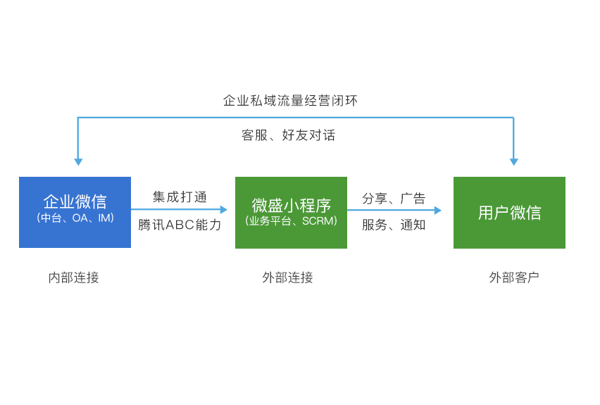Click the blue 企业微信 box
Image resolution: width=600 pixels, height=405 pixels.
pyautogui.click(x=75, y=212)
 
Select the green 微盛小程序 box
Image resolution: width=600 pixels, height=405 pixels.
pyautogui.click(x=292, y=213)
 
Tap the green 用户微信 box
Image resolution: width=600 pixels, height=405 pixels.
pyautogui.click(x=509, y=213)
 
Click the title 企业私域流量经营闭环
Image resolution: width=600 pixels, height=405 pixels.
pyautogui.click(x=290, y=101)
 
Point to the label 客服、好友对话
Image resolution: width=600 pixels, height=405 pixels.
pyautogui.click(x=288, y=135)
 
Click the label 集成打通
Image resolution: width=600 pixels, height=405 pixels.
pyautogui.click(x=180, y=197)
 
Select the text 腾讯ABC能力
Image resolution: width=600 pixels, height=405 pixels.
pyautogui.click(x=180, y=225)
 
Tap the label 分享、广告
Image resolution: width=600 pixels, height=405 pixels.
pyautogui.click(x=394, y=199)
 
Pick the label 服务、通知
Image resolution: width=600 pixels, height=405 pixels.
pyautogui.click(x=394, y=225)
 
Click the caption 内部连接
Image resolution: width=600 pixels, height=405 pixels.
pyautogui.click(x=73, y=278)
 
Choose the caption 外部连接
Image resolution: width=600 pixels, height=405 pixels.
pyautogui.click(x=287, y=278)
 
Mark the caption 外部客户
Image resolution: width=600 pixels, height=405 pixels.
pyautogui.click(x=514, y=278)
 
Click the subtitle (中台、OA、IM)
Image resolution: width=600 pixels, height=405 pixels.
pyautogui.click(x=75, y=218)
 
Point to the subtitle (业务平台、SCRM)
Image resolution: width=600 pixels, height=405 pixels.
pyautogui.click(x=292, y=221)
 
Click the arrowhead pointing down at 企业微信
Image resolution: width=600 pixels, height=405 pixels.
pyautogui.click(x=78, y=162)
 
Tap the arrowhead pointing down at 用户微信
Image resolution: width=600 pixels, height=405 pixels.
pyautogui.click(x=514, y=162)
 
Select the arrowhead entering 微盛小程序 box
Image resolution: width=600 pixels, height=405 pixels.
pyautogui.click(x=224, y=209)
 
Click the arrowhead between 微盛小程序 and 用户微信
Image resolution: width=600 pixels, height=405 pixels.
pyautogui.click(x=438, y=210)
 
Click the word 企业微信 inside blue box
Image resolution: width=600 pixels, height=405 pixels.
pyautogui.click(x=75, y=201)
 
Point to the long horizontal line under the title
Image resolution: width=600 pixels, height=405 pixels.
pyautogui.click(x=295, y=118)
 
